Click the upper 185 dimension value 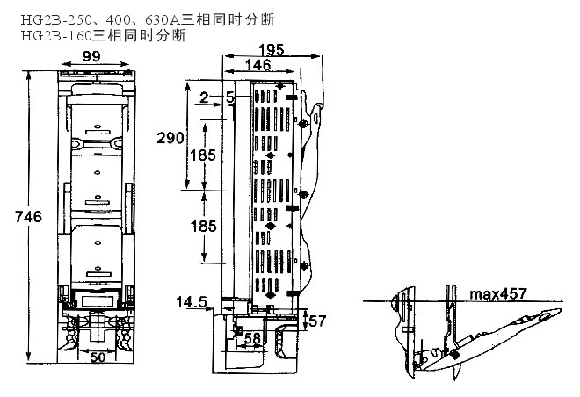(x=202, y=155)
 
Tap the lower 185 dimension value (x=202, y=226)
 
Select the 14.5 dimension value (x=191, y=302)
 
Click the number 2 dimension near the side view (x=202, y=98)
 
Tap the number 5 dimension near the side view (x=230, y=98)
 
